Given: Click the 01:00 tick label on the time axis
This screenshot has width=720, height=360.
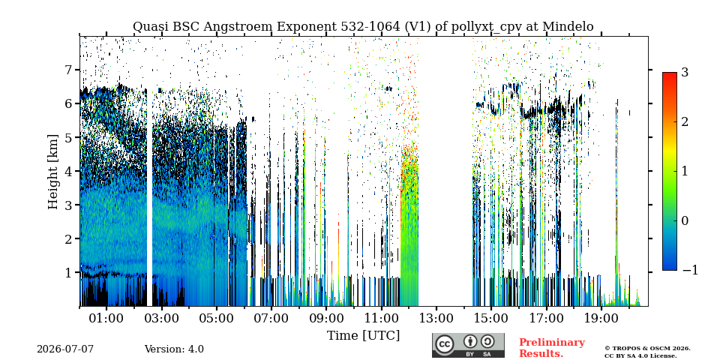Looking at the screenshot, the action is click(x=106, y=318).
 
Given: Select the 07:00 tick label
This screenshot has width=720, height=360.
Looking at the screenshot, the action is click(x=271, y=318).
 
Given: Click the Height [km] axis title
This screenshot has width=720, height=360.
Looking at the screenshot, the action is click(x=53, y=172).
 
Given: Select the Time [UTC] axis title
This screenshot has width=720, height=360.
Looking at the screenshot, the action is click(x=363, y=335).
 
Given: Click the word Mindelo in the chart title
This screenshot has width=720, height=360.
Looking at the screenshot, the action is click(x=568, y=27).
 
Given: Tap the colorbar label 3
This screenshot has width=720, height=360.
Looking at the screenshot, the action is click(x=685, y=72).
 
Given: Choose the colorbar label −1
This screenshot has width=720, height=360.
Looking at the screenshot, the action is click(x=690, y=270).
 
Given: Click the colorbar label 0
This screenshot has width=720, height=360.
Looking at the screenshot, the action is click(x=685, y=220).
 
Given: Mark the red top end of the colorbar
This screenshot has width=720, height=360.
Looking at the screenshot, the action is click(x=670, y=73).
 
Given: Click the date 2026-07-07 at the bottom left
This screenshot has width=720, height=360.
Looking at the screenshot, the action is click(x=65, y=349).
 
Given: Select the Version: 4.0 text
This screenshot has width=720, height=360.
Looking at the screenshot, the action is click(x=174, y=349).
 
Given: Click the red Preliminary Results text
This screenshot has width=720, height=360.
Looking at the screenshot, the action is click(x=552, y=347).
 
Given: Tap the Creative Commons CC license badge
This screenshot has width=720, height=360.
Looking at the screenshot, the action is click(x=468, y=345).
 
